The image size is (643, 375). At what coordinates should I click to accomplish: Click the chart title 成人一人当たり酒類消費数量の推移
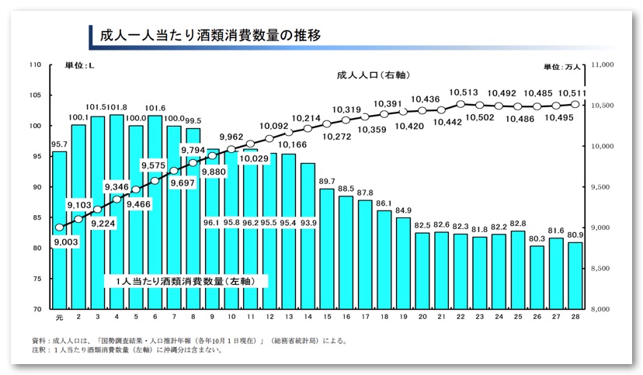206,36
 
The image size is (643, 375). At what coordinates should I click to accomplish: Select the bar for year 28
575,276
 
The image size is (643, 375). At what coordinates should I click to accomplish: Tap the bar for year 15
327,248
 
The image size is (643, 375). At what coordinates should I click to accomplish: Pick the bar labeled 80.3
537,277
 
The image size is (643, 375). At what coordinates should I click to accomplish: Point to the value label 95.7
58,144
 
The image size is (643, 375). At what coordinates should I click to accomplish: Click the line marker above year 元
59,227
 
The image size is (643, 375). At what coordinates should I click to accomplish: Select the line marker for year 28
575,105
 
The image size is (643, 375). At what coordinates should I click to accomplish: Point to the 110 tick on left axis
35,65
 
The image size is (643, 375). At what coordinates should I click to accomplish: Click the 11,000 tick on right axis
603,65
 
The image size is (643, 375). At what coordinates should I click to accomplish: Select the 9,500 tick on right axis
603,187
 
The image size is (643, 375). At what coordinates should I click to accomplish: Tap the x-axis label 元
59,318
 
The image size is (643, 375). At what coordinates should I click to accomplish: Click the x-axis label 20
422,318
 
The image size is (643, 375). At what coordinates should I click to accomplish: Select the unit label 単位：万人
561,68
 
